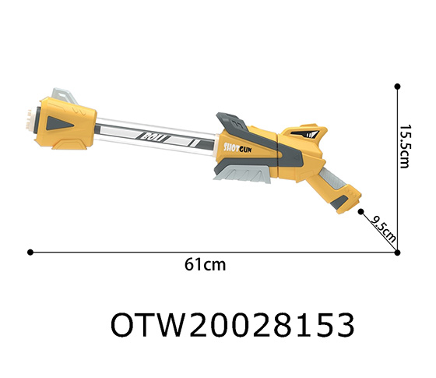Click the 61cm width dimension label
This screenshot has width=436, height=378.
click(x=206, y=265)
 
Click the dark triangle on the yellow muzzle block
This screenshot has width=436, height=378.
click(x=59, y=122)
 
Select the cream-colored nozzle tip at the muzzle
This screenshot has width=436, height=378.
click(x=30, y=116)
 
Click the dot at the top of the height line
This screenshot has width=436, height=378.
click(x=397, y=86)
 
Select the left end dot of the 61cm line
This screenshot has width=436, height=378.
click(x=30, y=252)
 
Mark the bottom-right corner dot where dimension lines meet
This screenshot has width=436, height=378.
click(x=397, y=252)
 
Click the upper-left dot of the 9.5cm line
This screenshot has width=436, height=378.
click(x=361, y=210)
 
